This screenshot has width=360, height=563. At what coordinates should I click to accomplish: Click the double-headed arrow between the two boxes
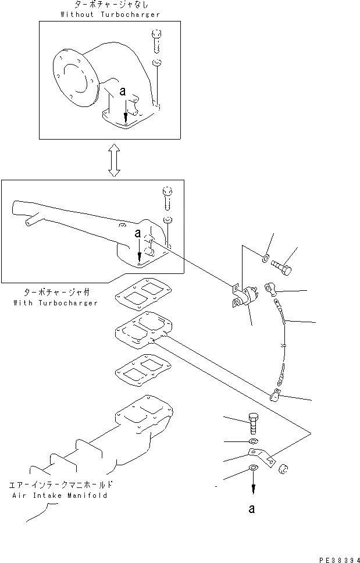(x=115, y=160)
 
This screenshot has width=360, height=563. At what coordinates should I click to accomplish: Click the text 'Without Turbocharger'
(x=109, y=14)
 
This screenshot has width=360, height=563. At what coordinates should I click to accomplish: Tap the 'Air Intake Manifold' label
(x=60, y=496)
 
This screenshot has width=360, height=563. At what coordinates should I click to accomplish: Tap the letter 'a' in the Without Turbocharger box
(x=123, y=91)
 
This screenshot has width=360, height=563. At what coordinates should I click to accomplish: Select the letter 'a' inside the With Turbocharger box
(x=137, y=234)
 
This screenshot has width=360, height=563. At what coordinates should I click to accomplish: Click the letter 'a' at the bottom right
(x=251, y=509)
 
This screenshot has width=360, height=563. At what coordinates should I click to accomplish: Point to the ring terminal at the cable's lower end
(x=275, y=396)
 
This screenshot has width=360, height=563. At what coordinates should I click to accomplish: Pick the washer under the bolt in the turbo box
(x=167, y=220)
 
